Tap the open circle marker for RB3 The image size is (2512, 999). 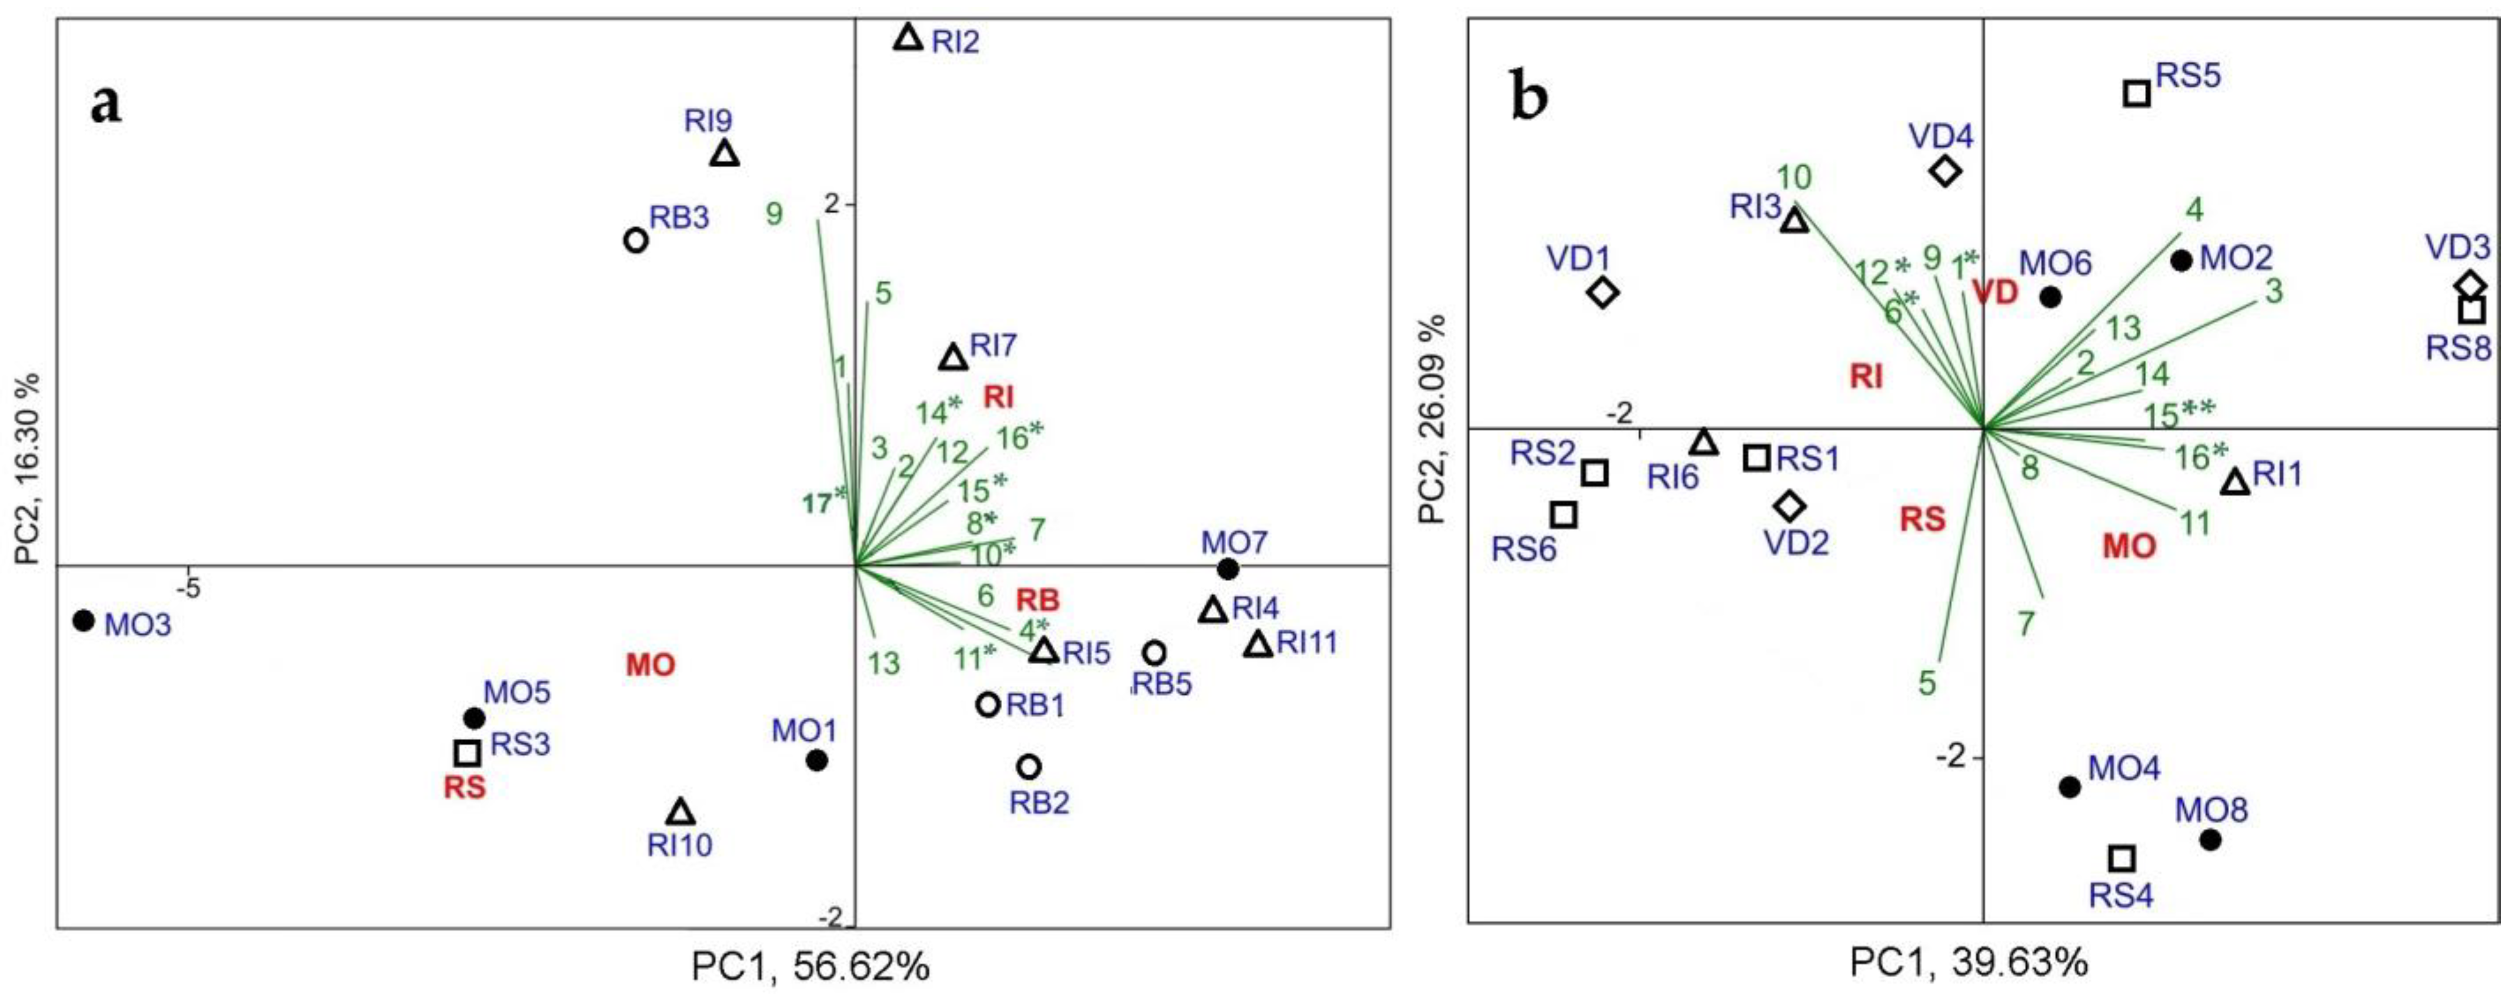point(635,240)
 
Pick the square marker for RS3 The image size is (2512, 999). point(467,753)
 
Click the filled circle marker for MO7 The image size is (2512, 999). point(1227,569)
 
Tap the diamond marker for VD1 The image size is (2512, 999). point(1603,293)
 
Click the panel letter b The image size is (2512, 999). point(1529,98)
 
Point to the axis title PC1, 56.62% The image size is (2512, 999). point(809,967)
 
